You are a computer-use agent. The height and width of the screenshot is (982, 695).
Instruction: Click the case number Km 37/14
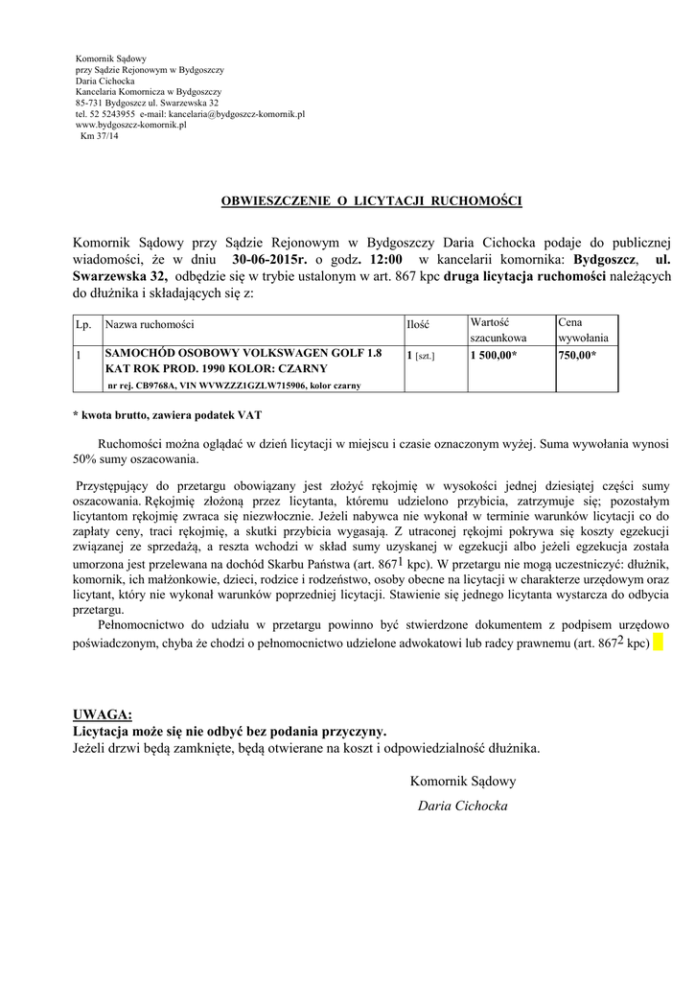tap(101, 135)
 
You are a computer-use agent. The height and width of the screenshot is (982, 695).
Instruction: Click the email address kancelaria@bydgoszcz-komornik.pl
tap(243, 113)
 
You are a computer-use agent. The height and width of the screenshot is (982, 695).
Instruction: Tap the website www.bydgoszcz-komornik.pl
tap(130, 125)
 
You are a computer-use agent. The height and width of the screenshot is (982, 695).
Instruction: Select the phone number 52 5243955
tap(112, 113)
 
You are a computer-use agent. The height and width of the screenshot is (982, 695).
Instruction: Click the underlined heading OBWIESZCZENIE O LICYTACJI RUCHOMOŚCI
tap(371, 202)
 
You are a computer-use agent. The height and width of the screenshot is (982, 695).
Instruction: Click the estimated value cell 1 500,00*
tap(494, 355)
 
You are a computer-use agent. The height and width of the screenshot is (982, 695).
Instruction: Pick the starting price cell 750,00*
tap(576, 355)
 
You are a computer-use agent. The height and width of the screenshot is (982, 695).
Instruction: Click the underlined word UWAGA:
tap(103, 714)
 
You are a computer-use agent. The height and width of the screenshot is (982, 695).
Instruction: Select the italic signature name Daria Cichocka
tap(463, 806)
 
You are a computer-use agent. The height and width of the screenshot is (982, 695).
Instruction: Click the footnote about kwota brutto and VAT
tap(166, 418)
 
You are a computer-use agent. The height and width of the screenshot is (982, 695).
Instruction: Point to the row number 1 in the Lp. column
tap(78, 355)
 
